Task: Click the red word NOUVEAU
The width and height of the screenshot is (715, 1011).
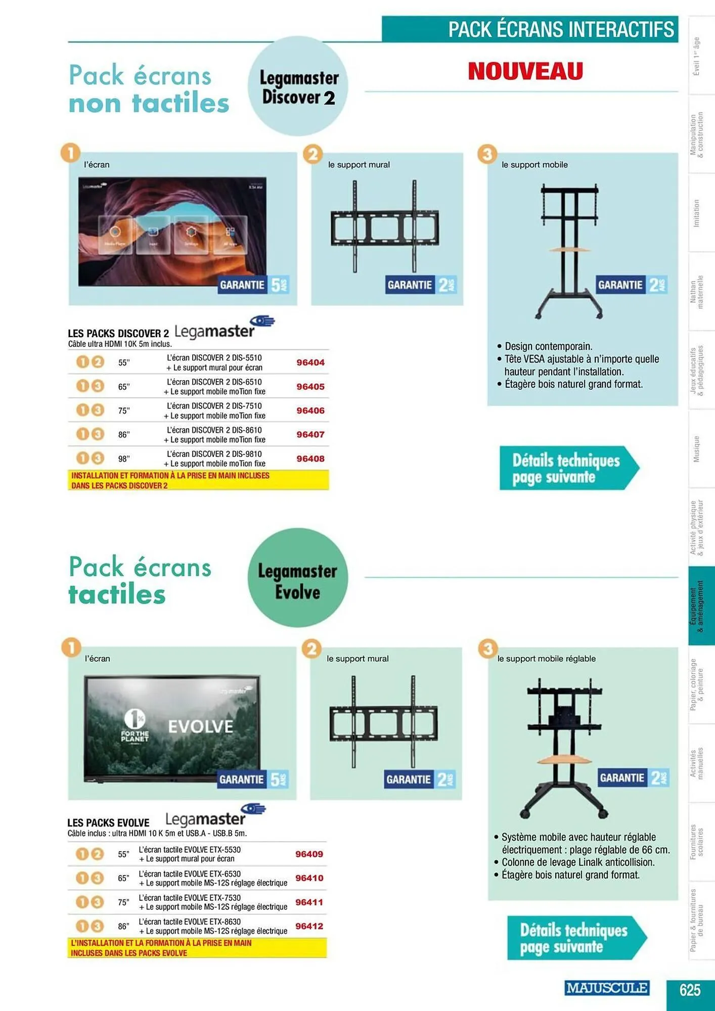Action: pos(525,71)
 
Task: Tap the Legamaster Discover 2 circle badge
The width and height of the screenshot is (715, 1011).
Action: pos(298,86)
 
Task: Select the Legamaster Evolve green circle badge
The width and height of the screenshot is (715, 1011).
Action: pos(297,578)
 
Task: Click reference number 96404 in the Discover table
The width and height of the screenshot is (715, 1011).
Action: pos(310,362)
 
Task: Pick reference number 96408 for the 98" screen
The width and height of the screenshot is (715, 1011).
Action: pos(310,458)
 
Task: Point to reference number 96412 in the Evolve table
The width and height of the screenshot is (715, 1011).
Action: pos(309,926)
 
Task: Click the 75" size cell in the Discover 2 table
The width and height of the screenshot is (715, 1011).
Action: pos(124,411)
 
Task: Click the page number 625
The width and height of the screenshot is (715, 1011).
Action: pos(690,989)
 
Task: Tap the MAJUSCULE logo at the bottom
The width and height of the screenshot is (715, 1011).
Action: pos(606,988)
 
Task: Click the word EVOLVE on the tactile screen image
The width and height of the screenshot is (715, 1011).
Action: pos(200,727)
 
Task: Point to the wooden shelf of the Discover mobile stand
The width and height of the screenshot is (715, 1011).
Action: pos(569,250)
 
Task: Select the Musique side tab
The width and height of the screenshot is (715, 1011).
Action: pos(697,449)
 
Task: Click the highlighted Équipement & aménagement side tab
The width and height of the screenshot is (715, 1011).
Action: pos(700,606)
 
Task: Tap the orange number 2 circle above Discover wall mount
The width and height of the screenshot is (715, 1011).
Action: pos(313,154)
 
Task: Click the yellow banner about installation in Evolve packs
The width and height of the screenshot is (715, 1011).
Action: pos(197,948)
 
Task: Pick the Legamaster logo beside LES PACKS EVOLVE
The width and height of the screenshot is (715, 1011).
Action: pos(212,816)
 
